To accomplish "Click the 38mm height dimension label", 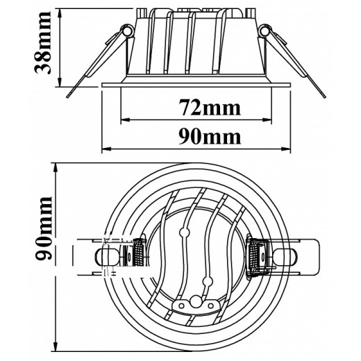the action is tap(43, 43).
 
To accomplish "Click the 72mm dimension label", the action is tap(210, 108).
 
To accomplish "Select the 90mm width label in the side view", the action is tap(210, 137).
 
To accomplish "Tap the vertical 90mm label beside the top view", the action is tap(43, 228).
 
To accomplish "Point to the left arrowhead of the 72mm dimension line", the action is tap(125, 120).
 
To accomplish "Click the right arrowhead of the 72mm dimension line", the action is tap(267, 120).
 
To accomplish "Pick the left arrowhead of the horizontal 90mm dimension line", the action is tap(106, 149).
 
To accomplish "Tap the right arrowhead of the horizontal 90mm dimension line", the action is tap(286, 149).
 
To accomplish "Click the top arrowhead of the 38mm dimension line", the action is tap(60, 13).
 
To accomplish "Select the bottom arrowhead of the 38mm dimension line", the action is tap(60, 83).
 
